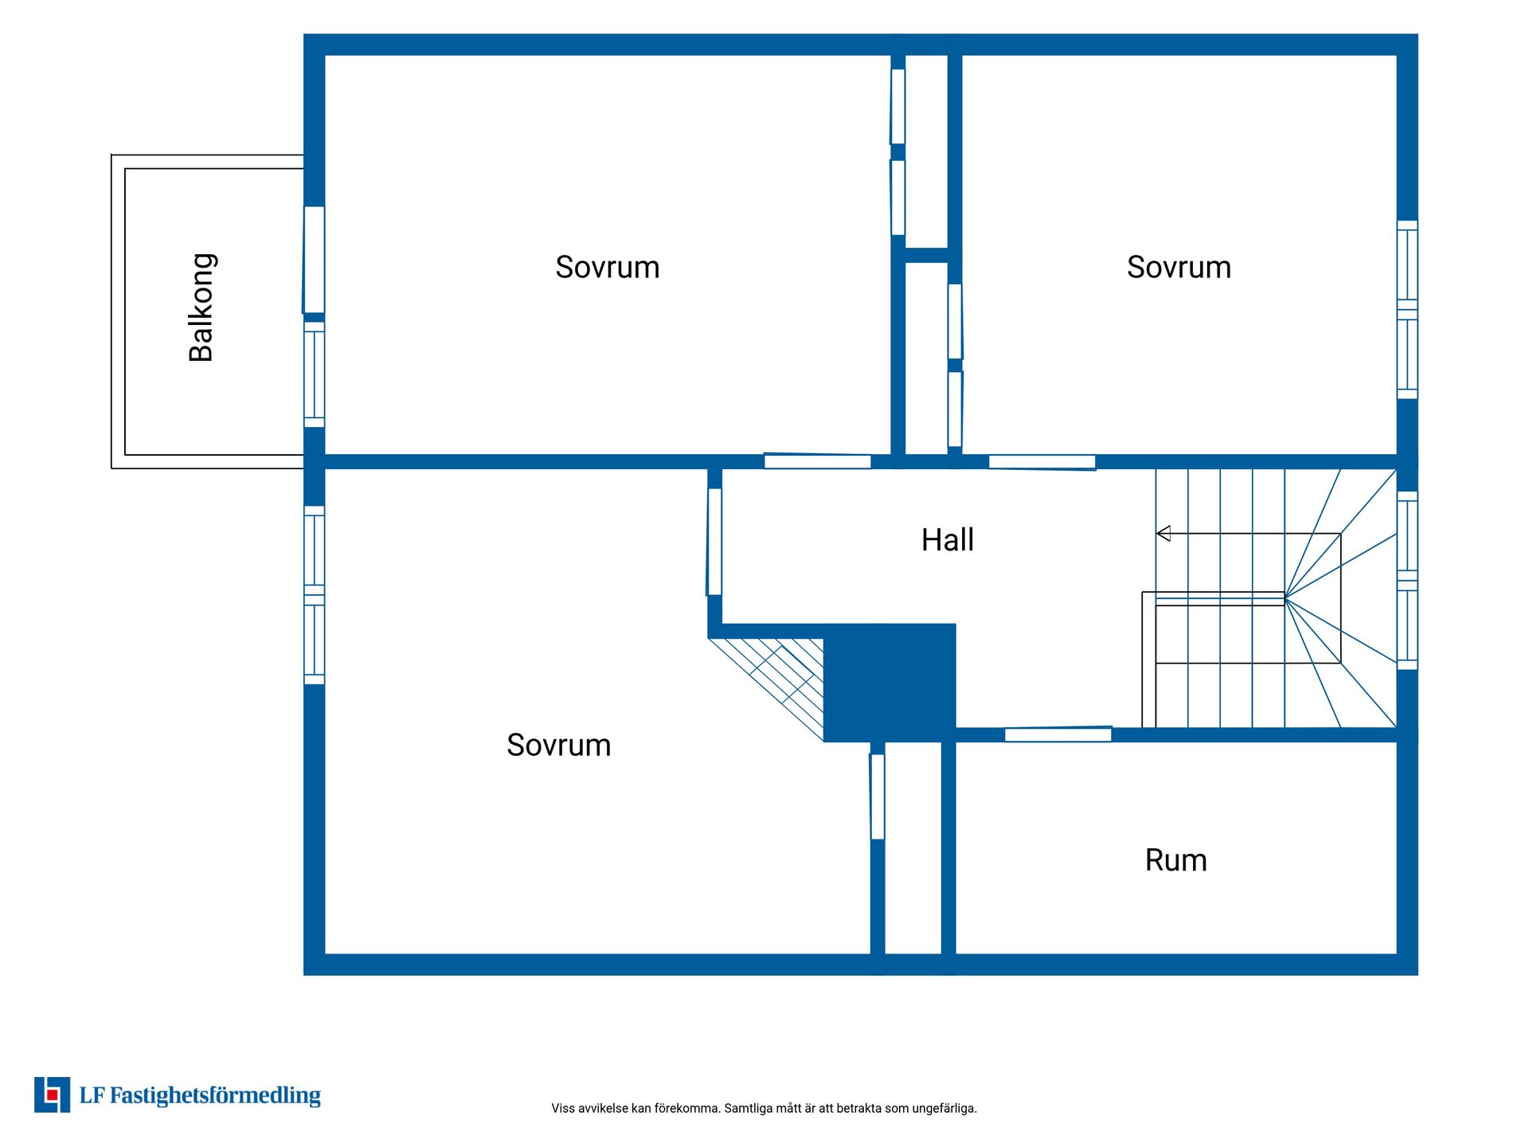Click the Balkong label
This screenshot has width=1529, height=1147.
coord(201,307)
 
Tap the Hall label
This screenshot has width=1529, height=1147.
coord(948,540)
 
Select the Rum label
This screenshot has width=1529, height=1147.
coord(1176,860)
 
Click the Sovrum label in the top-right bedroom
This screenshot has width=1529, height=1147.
coord(1179,268)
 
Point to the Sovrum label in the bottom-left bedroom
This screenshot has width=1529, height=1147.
coord(559,746)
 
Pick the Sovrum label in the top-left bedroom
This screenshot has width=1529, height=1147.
coord(608,268)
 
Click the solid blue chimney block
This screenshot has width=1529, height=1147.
coord(890,683)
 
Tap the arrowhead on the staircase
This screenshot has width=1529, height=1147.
coord(1163,534)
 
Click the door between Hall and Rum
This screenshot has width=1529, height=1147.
coord(1058,734)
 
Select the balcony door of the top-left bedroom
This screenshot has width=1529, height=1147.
coord(314,260)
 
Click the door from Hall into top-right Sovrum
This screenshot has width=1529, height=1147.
coord(1042,462)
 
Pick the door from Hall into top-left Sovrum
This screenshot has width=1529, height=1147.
coord(817,461)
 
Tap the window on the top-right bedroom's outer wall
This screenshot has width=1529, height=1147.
coord(1407,310)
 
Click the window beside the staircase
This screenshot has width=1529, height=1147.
coord(1407,581)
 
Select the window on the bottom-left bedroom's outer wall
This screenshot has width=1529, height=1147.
coord(315,595)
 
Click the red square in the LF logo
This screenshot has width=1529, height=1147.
coord(53,1094)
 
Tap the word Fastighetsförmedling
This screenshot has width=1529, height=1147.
coord(215,1096)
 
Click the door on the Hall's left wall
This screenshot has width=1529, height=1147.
coord(714,542)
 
